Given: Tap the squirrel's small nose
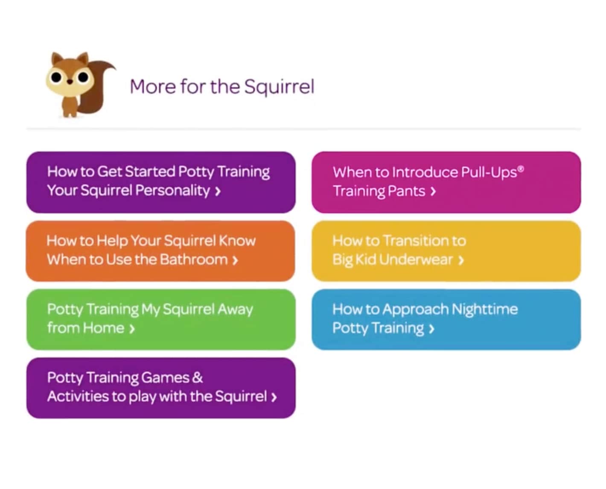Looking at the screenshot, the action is (x=70, y=82).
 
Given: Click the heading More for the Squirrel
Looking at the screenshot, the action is (x=222, y=87).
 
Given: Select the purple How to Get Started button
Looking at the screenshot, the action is (x=161, y=182).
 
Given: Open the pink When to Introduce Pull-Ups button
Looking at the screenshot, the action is (x=446, y=182).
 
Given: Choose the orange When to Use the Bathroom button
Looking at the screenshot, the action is (x=160, y=251).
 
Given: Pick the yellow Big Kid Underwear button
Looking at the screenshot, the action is (x=446, y=251).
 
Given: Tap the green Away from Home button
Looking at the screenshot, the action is (x=161, y=319).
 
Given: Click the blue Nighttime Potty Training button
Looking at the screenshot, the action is (x=446, y=319).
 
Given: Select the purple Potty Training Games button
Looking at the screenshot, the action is (x=161, y=388).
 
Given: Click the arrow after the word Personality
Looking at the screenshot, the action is (x=218, y=191).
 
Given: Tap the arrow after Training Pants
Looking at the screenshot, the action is (x=433, y=191).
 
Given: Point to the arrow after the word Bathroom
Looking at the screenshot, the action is (x=235, y=260).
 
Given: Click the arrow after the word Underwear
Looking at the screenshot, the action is (x=461, y=260).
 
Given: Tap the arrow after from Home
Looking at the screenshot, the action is (x=131, y=329).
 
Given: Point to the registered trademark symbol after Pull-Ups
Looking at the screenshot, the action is (x=520, y=169).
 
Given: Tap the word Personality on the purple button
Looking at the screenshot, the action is (x=173, y=191).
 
